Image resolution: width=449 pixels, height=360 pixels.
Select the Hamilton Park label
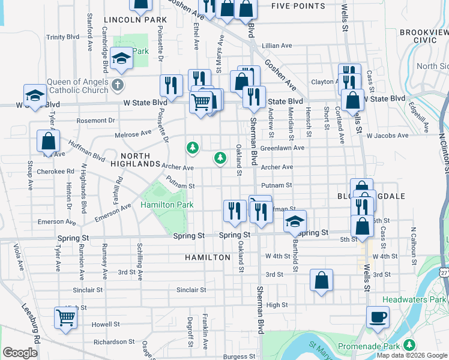point(167,205)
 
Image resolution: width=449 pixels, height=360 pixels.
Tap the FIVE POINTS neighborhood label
point(298,6)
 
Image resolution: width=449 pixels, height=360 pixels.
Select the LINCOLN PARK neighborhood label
point(135,20)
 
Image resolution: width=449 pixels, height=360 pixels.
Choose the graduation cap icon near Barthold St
point(295,221)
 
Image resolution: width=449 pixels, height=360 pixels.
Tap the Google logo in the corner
point(20,353)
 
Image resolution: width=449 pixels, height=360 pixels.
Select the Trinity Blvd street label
point(63,37)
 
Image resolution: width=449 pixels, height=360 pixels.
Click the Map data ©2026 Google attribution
point(412,355)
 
